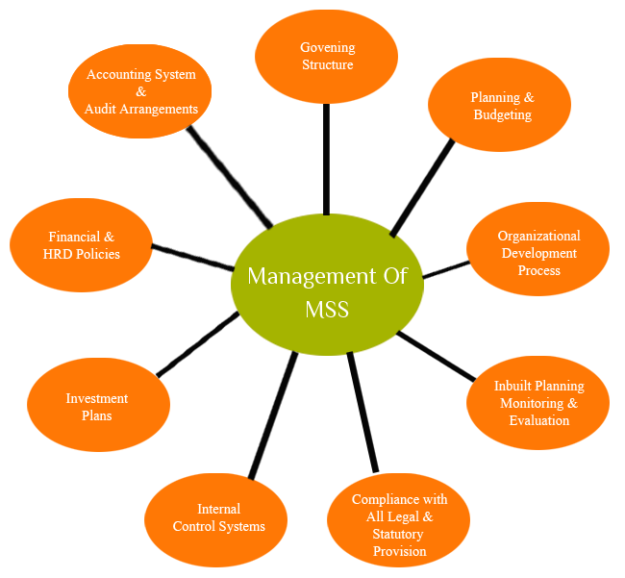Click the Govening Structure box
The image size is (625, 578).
tap(326, 57)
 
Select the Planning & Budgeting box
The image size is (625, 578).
tap(499, 105)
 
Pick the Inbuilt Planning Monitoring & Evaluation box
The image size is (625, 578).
tap(537, 403)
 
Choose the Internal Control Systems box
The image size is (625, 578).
tap(215, 519)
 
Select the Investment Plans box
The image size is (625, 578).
tap(98, 405)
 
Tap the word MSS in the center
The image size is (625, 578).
tap(327, 310)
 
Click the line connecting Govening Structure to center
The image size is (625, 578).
tap(326, 159)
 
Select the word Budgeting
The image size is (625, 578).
tap(502, 115)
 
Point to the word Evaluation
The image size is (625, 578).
tap(539, 420)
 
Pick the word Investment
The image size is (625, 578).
tap(97, 398)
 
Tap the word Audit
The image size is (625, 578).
tap(103, 109)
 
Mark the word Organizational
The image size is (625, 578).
tap(538, 236)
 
